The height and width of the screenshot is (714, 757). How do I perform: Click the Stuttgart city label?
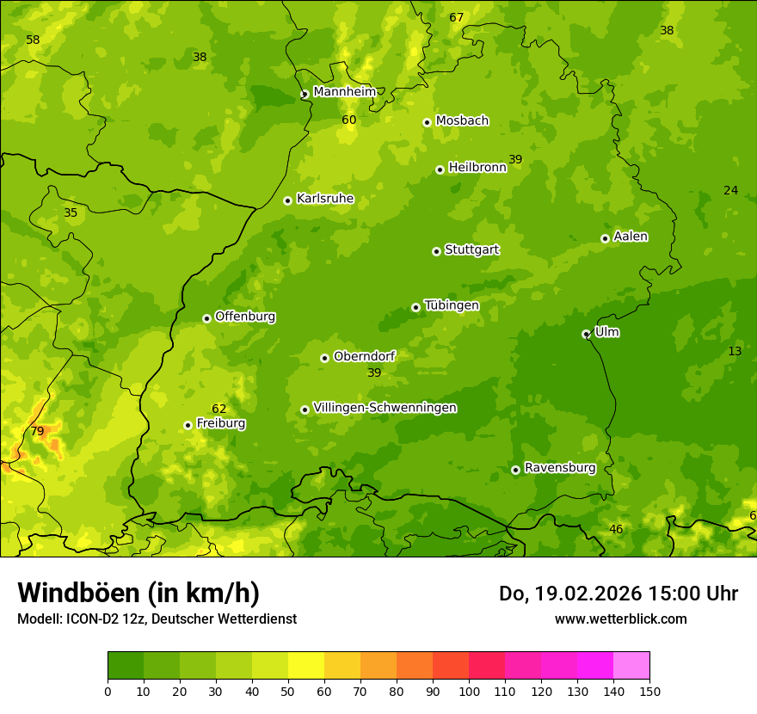[x=471, y=249]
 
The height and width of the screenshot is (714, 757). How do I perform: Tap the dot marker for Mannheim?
[x=305, y=95]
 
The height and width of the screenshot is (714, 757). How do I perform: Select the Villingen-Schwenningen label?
[x=385, y=408]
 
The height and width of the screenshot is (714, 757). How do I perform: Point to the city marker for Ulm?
[x=586, y=334]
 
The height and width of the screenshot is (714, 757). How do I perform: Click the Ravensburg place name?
[x=559, y=468]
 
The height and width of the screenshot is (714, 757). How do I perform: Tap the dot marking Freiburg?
[x=188, y=425]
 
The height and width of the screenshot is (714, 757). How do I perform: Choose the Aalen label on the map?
[x=631, y=237]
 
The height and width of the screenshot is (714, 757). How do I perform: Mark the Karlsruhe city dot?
[x=287, y=200]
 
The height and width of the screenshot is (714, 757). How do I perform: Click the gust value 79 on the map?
[x=37, y=431]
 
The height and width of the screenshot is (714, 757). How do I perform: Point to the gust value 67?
[x=457, y=17]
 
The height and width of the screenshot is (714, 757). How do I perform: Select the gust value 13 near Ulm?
[x=735, y=351]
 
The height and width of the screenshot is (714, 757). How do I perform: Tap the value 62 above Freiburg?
[x=219, y=409]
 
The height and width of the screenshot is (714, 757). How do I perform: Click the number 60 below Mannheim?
[x=348, y=120]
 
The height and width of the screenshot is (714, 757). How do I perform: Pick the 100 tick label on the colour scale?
[x=469, y=691]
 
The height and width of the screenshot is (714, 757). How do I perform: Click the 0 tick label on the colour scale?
[x=108, y=691]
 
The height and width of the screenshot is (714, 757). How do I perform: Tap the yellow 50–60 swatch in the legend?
[x=306, y=666]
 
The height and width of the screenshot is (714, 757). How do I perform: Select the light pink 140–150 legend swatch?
[x=631, y=666]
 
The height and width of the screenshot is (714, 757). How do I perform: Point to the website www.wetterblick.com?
[x=620, y=619]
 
